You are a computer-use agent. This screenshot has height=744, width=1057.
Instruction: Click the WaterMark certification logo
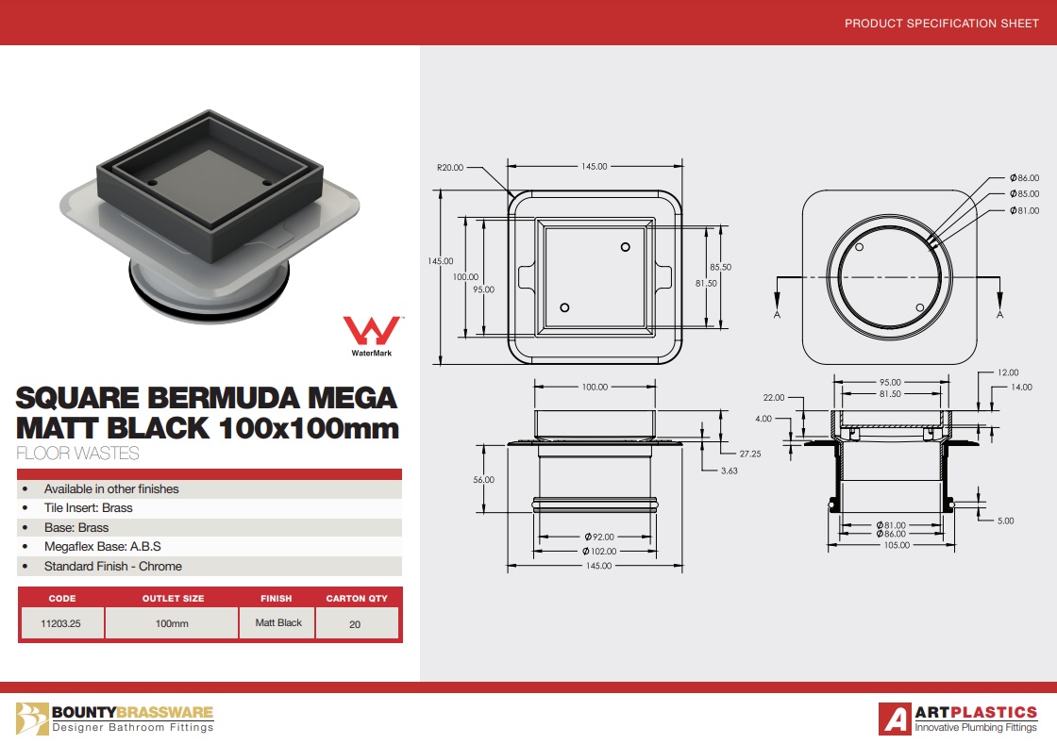372,336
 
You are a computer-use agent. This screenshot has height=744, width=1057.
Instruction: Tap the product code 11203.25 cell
60,623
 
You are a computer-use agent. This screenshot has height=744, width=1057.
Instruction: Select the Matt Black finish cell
278,622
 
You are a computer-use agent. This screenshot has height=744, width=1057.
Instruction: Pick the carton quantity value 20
355,624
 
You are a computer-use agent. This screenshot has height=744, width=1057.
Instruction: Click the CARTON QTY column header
357,598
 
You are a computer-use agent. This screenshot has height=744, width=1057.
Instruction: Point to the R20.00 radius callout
450,168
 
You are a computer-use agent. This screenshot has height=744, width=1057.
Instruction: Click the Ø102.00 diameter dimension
599,552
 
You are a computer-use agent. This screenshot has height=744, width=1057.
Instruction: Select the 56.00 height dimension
483,480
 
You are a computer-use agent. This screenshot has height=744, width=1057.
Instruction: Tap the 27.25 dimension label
750,455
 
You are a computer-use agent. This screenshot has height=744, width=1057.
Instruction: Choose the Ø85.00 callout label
1024,194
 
